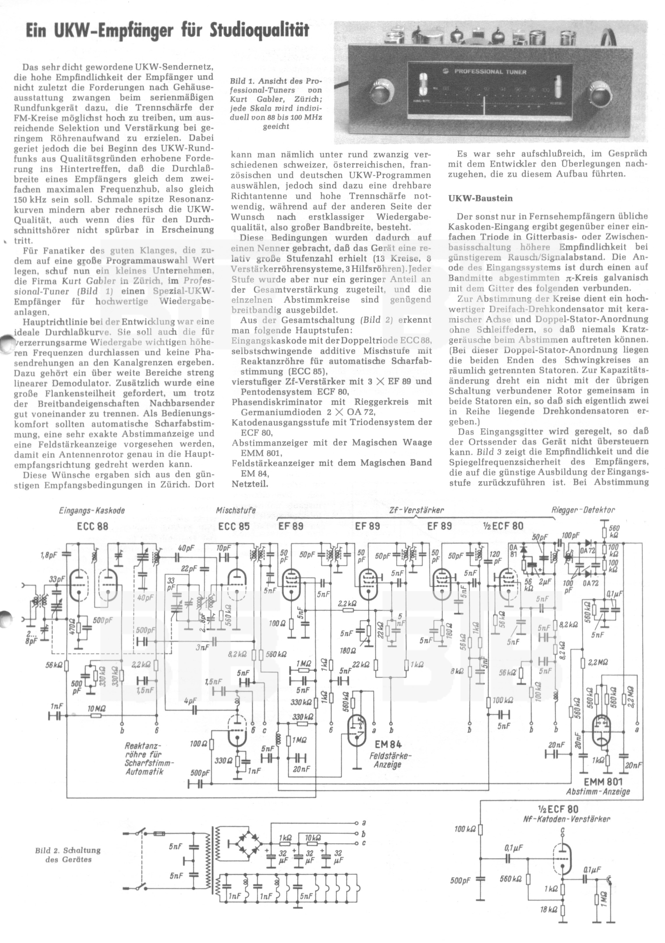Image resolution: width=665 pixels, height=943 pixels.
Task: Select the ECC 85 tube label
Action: (234, 527)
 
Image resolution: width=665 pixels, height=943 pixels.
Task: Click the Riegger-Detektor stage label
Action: (583, 511)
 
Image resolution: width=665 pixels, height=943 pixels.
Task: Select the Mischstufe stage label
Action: (236, 511)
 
